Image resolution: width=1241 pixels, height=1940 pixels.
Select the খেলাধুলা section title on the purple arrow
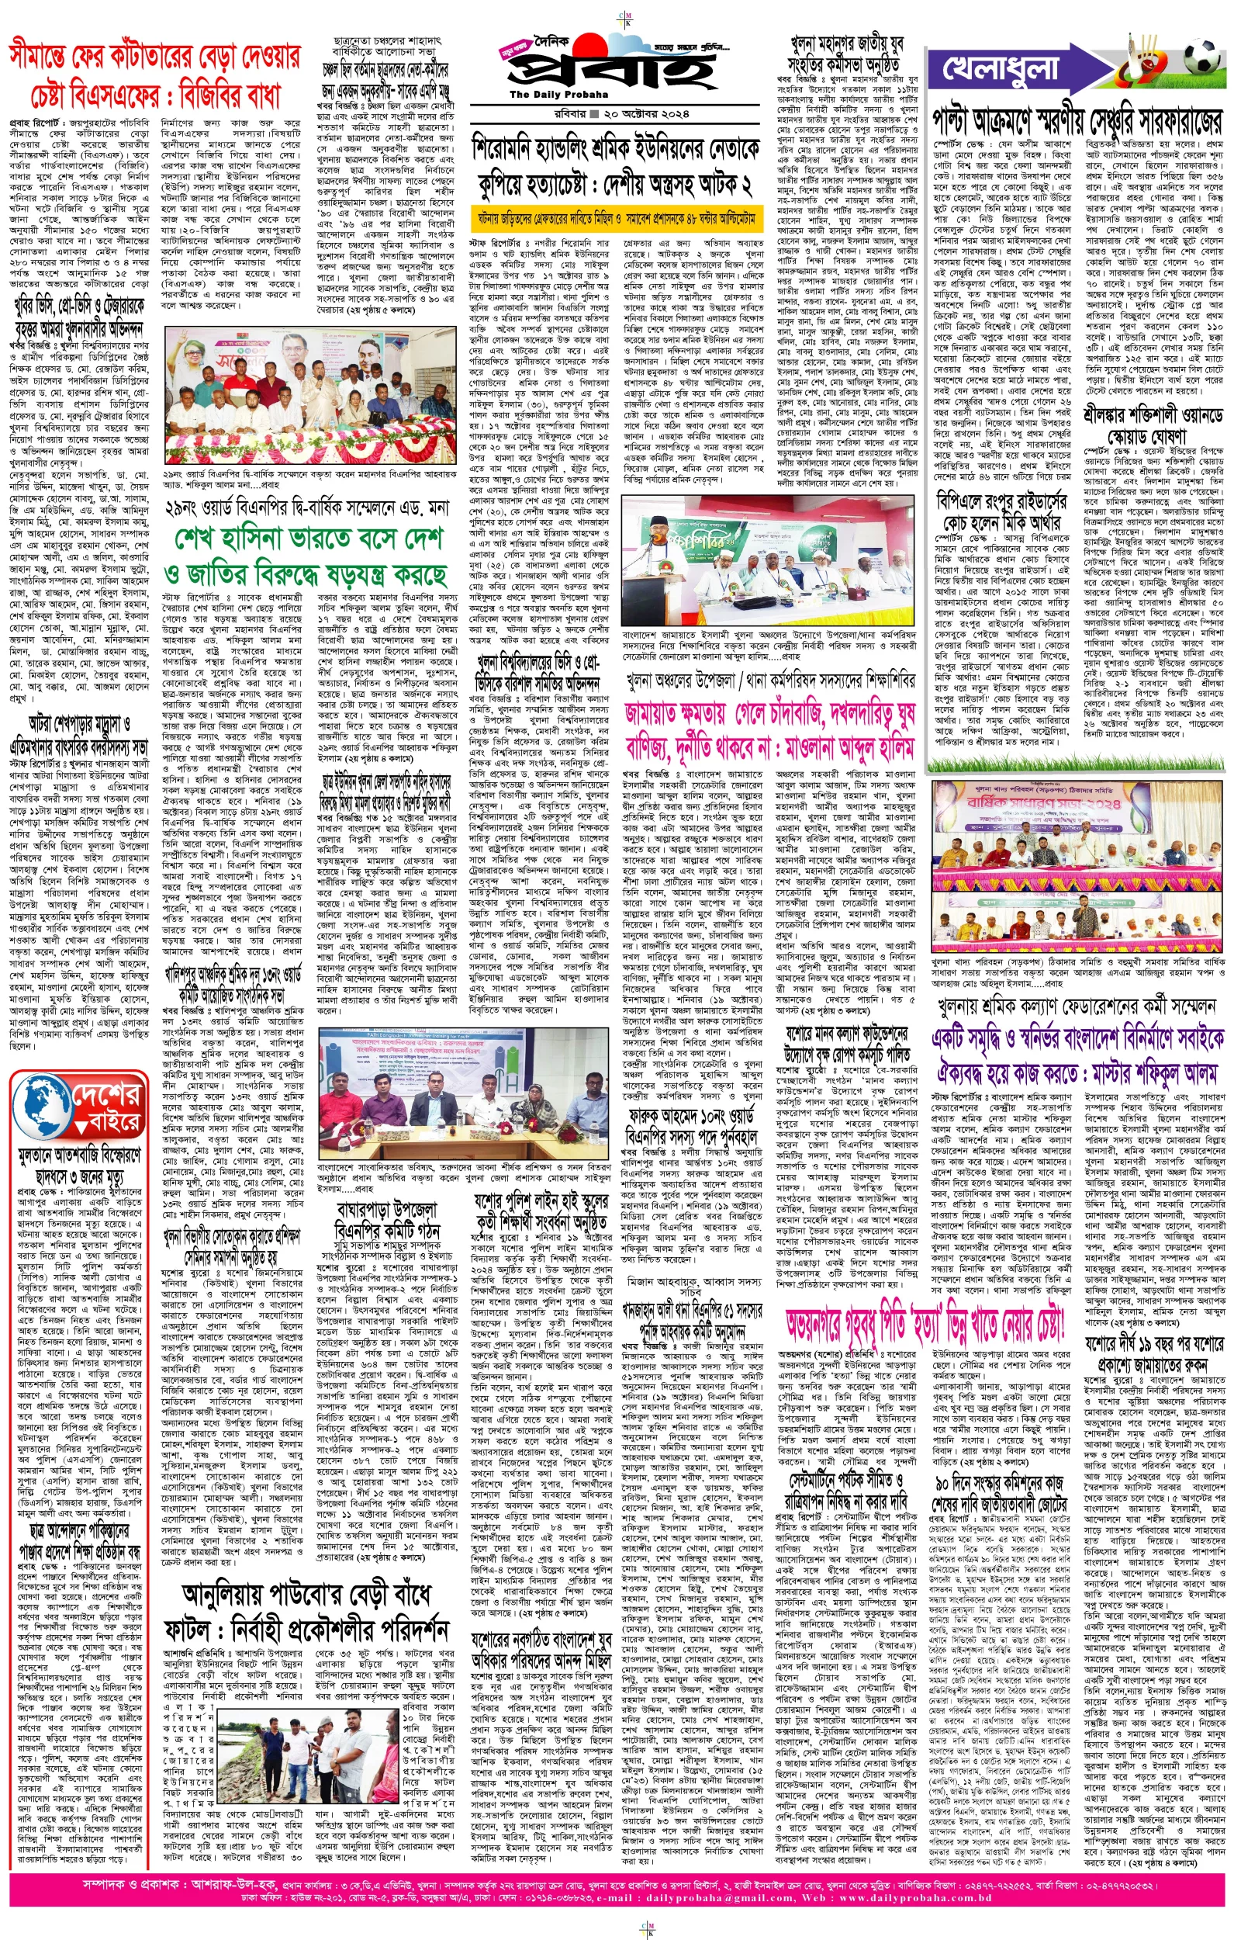click(x=1000, y=67)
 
